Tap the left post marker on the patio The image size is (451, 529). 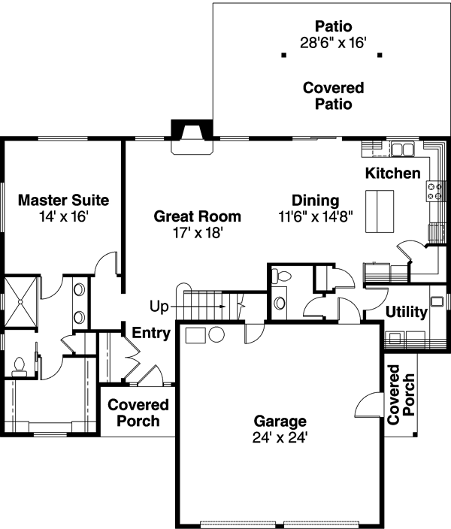coord(283,55)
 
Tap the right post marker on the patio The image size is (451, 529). coord(380,55)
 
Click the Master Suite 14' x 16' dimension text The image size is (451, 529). coord(63,217)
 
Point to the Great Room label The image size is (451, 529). coord(197,216)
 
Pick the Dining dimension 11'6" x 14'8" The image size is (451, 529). coord(316,217)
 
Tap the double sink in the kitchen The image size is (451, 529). coord(401,149)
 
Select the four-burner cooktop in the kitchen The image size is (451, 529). coord(434,192)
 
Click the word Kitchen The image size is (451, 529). coord(392,174)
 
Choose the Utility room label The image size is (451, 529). coord(406,312)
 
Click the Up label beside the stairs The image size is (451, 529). coord(159,307)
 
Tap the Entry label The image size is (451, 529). coord(151,333)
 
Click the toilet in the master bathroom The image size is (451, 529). coord(20,367)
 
